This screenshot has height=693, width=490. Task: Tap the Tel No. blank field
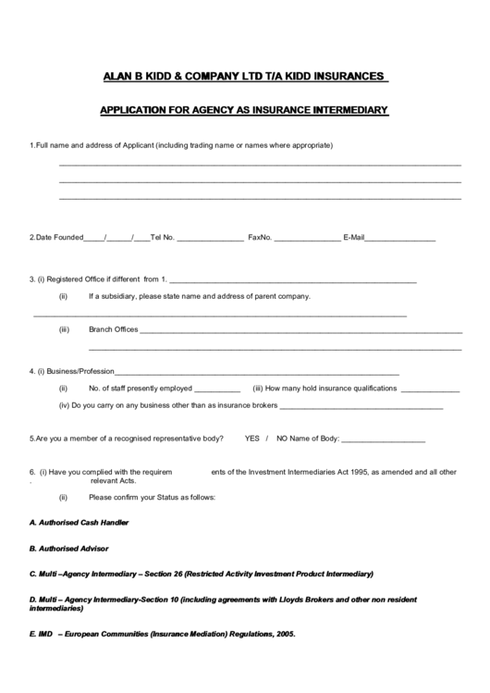coord(210,240)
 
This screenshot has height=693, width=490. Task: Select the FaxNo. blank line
coord(307,240)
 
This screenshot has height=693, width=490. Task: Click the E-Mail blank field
coord(400,240)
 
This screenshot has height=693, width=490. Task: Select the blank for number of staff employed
coord(217,390)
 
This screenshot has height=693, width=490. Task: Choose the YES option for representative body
coord(252,438)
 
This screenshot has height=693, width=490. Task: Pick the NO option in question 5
coord(283,438)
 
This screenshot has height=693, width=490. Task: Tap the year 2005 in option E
coord(285,635)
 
